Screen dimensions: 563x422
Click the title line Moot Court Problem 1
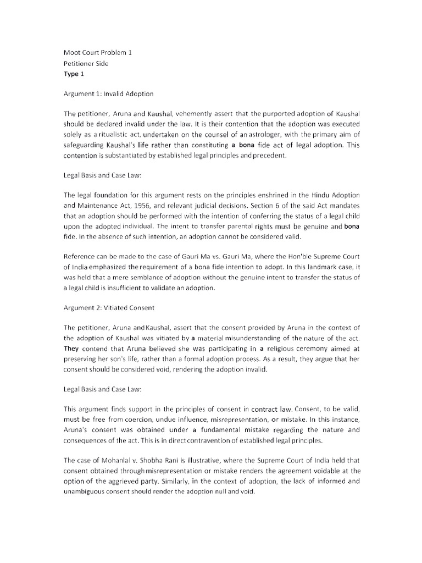97,53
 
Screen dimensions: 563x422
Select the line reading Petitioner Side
86,64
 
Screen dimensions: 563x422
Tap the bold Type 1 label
75,74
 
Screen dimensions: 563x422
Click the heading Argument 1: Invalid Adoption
109,95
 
